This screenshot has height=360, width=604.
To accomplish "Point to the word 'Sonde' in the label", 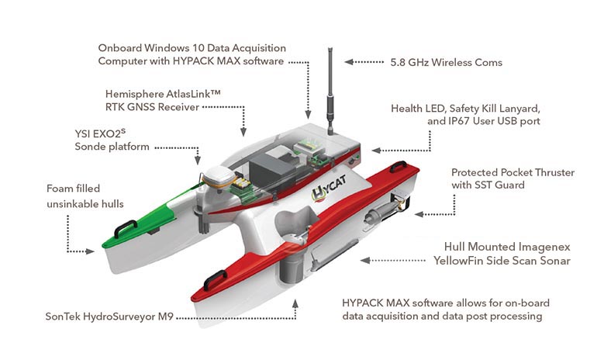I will coord(91,147).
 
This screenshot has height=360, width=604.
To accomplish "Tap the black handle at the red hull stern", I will coord(399,167).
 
